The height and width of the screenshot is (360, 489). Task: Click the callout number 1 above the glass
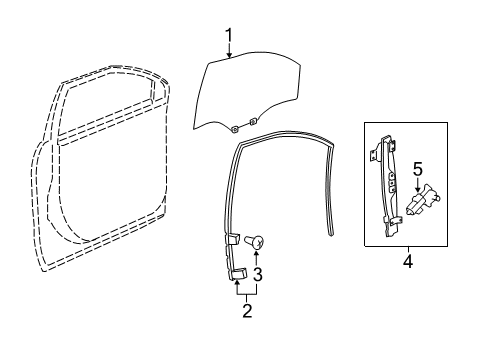(228, 37)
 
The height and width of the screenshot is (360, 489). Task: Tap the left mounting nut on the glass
(233, 127)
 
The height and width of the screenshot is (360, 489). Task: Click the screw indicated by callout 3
(255, 240)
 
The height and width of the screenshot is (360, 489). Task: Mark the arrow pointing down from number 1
(228, 53)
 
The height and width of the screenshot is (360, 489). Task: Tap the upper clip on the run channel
(231, 239)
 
